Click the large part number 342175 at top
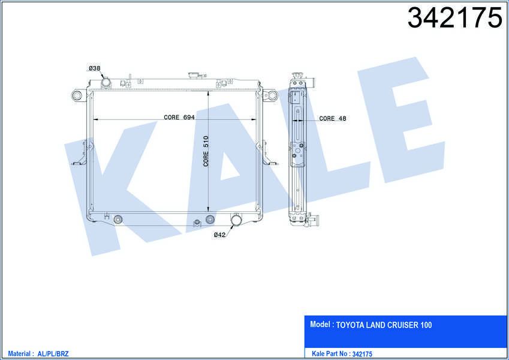[x=454, y=18]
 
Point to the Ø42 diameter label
[x=219, y=235]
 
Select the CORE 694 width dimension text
[x=179, y=118]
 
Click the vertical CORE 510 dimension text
[x=206, y=151]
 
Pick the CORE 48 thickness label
[x=333, y=119]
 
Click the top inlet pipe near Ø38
[x=106, y=82]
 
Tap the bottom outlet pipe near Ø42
[x=236, y=220]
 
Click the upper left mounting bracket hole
[x=77, y=95]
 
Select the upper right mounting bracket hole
[x=270, y=95]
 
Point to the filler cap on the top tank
[x=193, y=76]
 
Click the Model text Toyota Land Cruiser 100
[x=371, y=325]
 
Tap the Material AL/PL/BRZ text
[x=38, y=354]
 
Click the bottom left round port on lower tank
[x=118, y=219]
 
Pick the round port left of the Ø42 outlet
[x=210, y=219]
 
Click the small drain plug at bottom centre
[x=196, y=224]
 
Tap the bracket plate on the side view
[x=297, y=154]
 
